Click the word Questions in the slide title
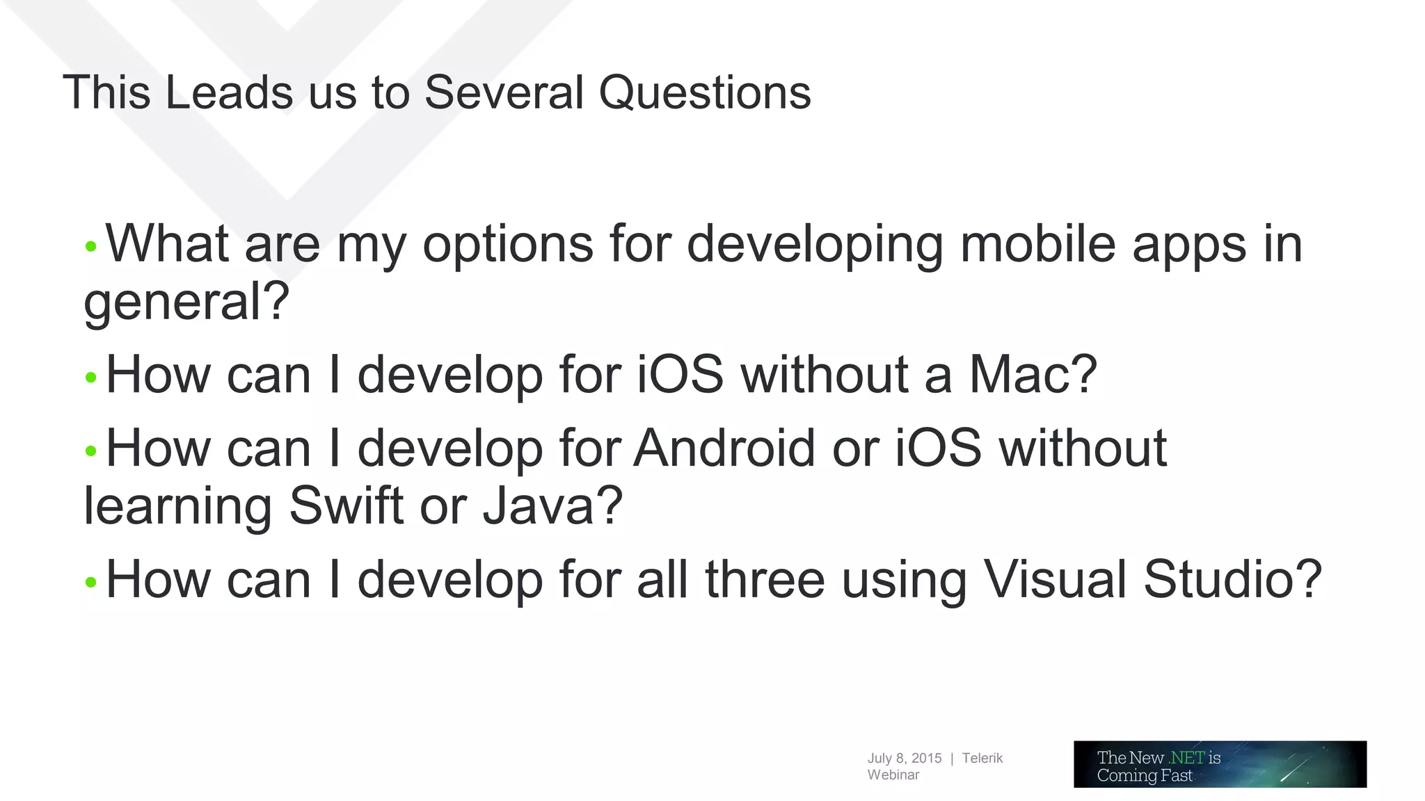point(704,92)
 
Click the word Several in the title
point(504,92)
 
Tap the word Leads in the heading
point(229,92)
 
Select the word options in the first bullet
point(508,245)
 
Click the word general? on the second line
point(186,302)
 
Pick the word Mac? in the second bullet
point(1033,374)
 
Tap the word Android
point(724,448)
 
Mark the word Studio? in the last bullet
point(1232,579)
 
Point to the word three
point(765,579)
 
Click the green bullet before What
point(90,246)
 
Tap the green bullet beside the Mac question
point(90,378)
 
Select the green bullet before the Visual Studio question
point(90,582)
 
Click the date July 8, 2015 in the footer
point(904,758)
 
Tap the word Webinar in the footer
point(893,775)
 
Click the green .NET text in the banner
point(1186,757)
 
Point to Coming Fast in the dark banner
point(1145,775)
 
